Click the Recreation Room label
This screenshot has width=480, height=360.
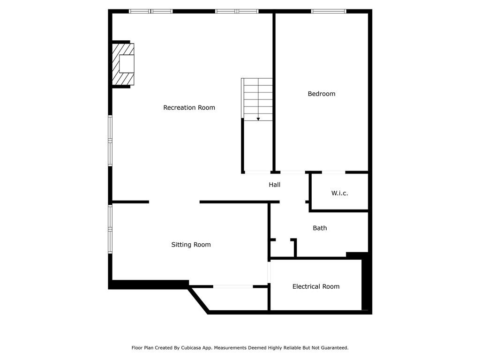[x=189, y=107]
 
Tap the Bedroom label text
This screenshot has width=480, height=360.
[x=321, y=94]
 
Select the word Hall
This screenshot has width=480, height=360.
[x=274, y=185]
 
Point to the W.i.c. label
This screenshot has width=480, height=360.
[x=339, y=193]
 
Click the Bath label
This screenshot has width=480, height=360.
[x=320, y=228]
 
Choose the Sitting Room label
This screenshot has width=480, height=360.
[x=191, y=244]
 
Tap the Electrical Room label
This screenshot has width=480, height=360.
[x=315, y=286]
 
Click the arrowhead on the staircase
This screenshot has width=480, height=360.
[x=258, y=119]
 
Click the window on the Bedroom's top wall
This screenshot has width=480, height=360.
[x=329, y=11]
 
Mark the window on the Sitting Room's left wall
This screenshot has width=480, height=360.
[x=110, y=229]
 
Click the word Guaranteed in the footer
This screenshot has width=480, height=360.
[x=333, y=348]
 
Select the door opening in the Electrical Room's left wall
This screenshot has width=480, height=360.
[x=269, y=272]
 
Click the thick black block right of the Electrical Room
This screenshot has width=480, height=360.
[x=366, y=284]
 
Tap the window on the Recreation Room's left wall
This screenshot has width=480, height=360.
[x=110, y=141]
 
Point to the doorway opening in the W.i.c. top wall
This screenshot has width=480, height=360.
[x=333, y=172]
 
